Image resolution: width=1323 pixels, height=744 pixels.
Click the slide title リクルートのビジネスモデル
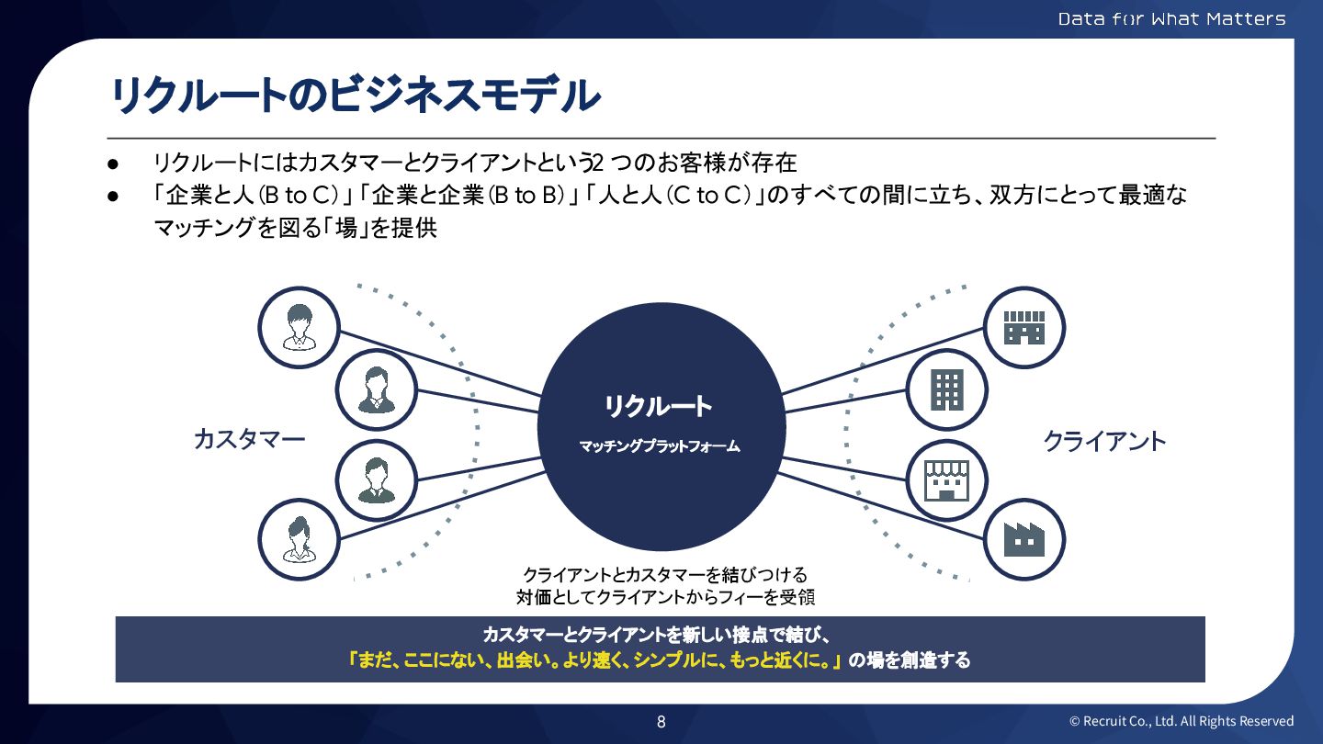pyautogui.click(x=355, y=95)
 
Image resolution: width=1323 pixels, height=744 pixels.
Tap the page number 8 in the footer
pyautogui.click(x=661, y=721)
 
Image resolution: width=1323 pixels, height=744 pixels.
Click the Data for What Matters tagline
pyautogui.click(x=1171, y=18)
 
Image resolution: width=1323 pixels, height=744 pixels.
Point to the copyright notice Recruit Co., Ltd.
pyautogui.click(x=1182, y=721)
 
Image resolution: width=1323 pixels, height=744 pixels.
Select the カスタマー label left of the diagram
pyautogui.click(x=249, y=439)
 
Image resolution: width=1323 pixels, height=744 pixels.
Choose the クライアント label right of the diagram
pyautogui.click(x=1104, y=441)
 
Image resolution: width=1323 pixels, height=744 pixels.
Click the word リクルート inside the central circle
pyautogui.click(x=658, y=406)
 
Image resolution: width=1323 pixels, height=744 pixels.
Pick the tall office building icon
pyautogui.click(x=947, y=389)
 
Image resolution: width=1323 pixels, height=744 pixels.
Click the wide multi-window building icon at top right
pyautogui.click(x=1024, y=326)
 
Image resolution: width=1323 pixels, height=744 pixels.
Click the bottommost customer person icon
pyautogui.click(x=299, y=539)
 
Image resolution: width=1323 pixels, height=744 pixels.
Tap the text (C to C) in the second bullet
pyautogui.click(x=713, y=196)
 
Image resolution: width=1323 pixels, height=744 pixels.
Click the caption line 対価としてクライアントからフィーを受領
pyautogui.click(x=666, y=597)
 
